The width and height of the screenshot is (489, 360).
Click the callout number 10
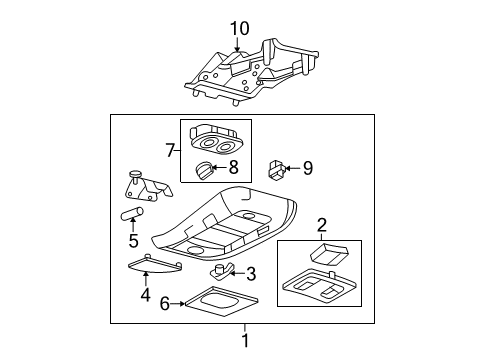pyautogui.click(x=240, y=29)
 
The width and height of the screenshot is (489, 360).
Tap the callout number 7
pyautogui.click(x=170, y=151)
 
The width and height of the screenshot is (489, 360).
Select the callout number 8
pyautogui.click(x=233, y=167)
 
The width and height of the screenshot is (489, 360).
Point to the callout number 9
pyautogui.click(x=308, y=168)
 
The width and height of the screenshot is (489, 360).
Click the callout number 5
pyautogui.click(x=133, y=240)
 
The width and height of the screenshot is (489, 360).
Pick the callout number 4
pyautogui.click(x=145, y=295)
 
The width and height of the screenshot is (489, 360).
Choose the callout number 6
pyautogui.click(x=165, y=304)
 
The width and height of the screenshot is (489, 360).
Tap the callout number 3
pyautogui.click(x=251, y=274)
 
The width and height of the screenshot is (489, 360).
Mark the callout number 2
pyautogui.click(x=322, y=225)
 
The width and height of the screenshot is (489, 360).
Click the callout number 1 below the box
pyautogui.click(x=245, y=341)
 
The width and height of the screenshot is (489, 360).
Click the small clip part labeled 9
pyautogui.click(x=276, y=170)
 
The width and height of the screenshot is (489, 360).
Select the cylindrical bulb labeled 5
pyautogui.click(x=132, y=214)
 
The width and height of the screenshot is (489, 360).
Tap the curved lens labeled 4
pyautogui.click(x=155, y=264)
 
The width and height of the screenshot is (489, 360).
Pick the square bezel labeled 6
pyautogui.click(x=221, y=300)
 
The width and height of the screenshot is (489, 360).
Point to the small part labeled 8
pyautogui.click(x=204, y=170)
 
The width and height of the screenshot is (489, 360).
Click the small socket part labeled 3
pyautogui.click(x=221, y=271)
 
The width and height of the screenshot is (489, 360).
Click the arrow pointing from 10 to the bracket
pyautogui.click(x=237, y=44)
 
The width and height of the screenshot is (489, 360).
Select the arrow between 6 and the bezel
pyautogui.click(x=177, y=304)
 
